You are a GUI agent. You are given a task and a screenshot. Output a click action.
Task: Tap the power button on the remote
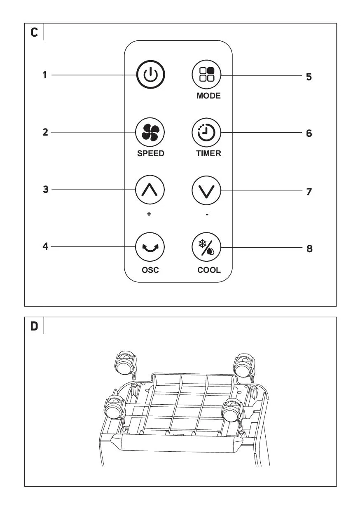click(x=150, y=74)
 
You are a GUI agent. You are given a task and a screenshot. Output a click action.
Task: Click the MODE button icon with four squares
click(x=206, y=74)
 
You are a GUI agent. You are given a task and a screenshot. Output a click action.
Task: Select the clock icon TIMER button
click(x=206, y=132)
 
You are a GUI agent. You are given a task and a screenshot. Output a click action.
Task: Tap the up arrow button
click(x=150, y=190)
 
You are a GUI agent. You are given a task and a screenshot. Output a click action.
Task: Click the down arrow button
click(x=206, y=190)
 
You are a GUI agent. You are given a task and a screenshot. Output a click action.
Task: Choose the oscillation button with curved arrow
click(x=150, y=247)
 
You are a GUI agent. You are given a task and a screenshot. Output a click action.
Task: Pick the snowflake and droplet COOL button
click(x=206, y=247)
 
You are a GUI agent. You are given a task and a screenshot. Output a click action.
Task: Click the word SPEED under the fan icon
click(x=151, y=153)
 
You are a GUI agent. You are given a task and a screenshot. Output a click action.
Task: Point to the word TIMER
click(x=208, y=153)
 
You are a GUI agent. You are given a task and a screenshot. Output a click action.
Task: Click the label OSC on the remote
click(x=150, y=270)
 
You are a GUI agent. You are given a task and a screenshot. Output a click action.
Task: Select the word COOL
click(x=209, y=270)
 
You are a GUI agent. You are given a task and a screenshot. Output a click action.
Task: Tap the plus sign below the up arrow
click(x=149, y=214)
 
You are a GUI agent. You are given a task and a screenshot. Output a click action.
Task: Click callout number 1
click(x=45, y=75)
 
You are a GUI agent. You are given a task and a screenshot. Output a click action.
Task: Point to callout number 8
click(x=309, y=248)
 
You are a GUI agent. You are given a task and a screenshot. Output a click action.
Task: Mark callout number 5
click(x=309, y=77)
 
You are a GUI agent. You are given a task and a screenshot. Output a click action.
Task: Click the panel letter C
click(x=34, y=33)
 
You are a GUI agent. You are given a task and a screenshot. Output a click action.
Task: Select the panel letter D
click(x=34, y=326)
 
